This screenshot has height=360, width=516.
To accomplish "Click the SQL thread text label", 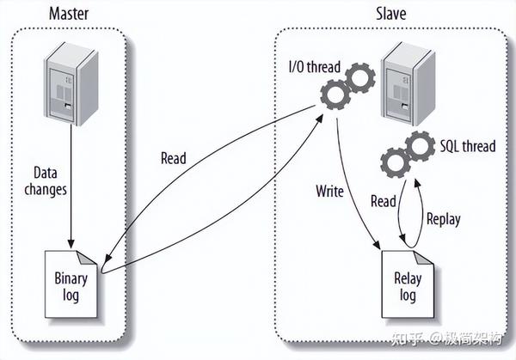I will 467,146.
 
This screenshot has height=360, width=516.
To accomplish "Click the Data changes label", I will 47,181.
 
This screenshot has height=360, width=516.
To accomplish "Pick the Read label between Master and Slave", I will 175,158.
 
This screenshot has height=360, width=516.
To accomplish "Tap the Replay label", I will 444,218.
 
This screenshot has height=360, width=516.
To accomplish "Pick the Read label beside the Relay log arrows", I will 383,202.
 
